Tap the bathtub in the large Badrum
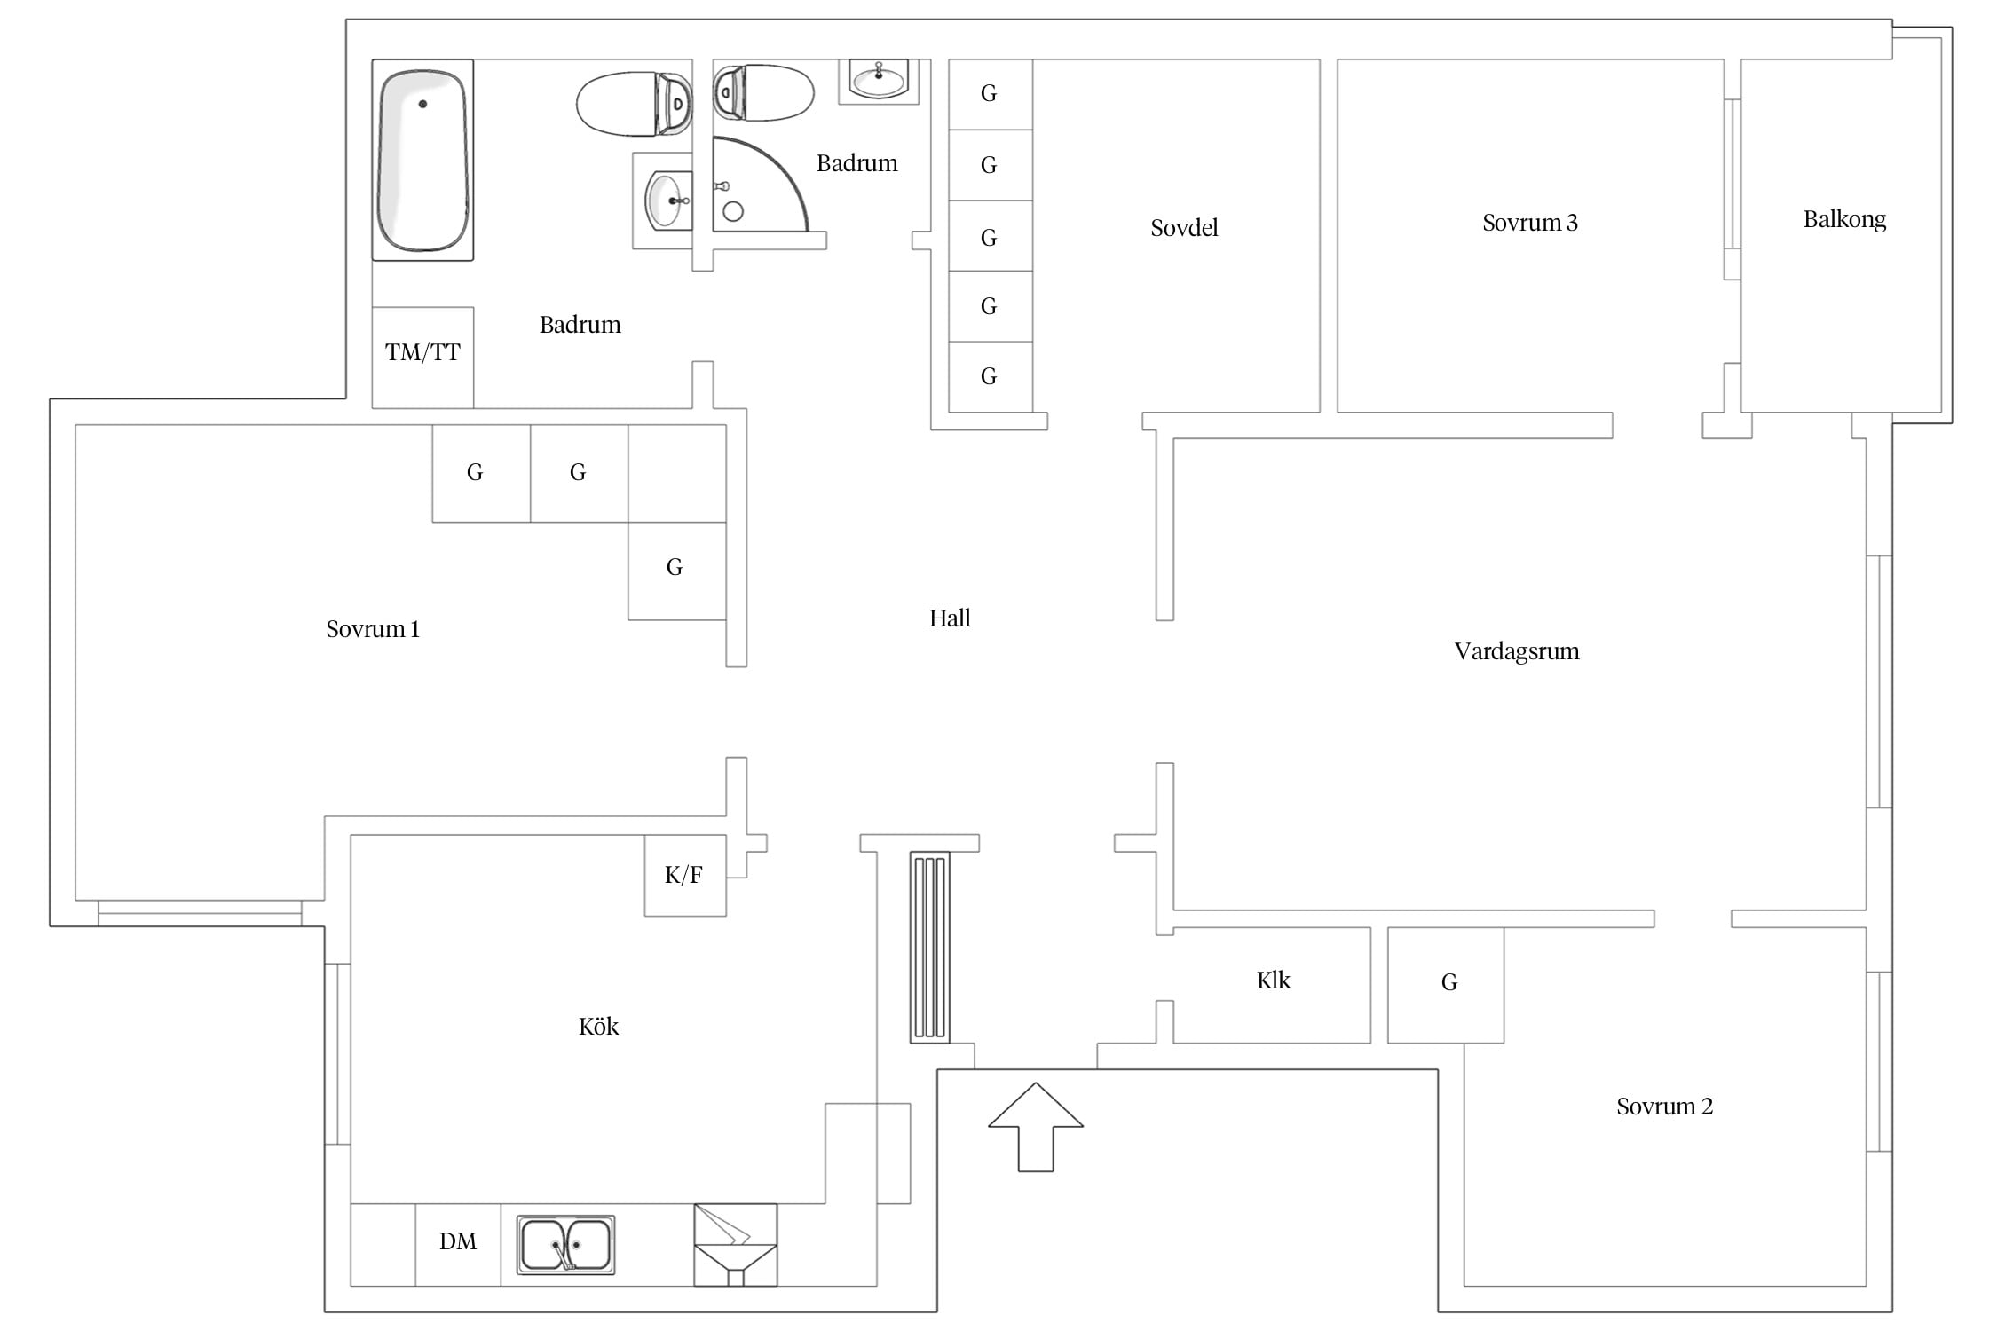[x=422, y=160]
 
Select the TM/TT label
[x=422, y=352]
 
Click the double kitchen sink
[x=565, y=1244]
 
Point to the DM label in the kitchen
[x=458, y=1241]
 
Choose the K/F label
[x=683, y=875]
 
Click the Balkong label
[x=1844, y=219]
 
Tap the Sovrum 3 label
[x=1530, y=223]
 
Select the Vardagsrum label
[x=1517, y=651]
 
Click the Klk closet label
[x=1274, y=981]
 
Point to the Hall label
[x=950, y=618]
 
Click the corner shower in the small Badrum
[x=761, y=184]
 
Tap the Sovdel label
[x=1184, y=228]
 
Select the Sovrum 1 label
[x=373, y=629]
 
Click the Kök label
[x=598, y=1027]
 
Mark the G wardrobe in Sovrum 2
[x=1446, y=985]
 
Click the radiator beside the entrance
[x=930, y=947]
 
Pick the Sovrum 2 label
[x=1664, y=1107]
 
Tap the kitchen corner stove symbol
[x=735, y=1245]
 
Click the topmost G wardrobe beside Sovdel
[x=991, y=94]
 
